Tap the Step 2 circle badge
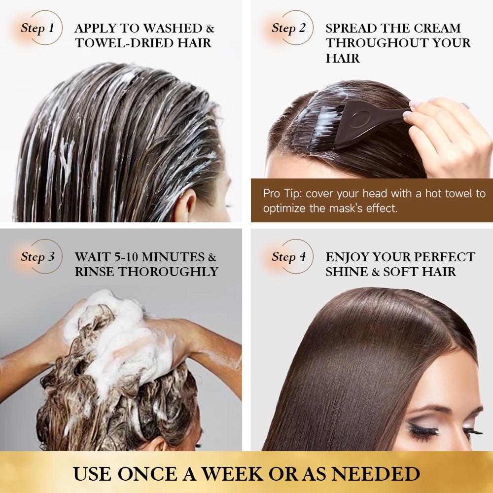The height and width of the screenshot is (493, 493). click(x=288, y=28)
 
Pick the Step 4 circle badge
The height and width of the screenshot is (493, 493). click(x=288, y=257)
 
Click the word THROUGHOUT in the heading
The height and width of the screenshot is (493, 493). click(x=376, y=43)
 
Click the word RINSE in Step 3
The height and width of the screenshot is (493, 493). click(x=100, y=271)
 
